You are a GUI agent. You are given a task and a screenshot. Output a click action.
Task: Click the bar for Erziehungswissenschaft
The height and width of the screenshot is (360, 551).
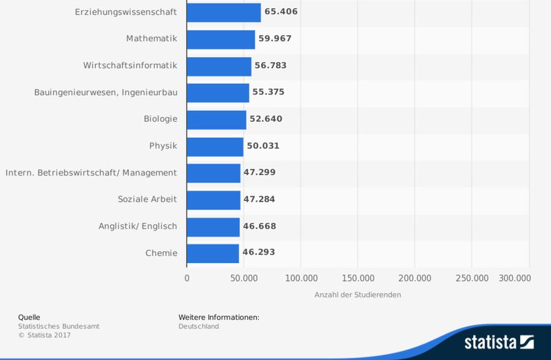(224, 12)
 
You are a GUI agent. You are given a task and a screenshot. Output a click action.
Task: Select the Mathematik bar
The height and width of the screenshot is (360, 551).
(221, 39)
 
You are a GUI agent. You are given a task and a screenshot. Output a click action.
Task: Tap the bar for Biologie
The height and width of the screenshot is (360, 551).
(216, 119)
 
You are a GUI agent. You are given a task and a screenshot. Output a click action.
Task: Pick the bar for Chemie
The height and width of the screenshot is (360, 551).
(213, 253)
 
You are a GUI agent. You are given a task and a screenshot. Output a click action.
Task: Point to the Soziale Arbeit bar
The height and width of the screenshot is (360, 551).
(214, 200)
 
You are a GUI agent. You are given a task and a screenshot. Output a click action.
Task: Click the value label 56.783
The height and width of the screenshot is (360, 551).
(271, 65)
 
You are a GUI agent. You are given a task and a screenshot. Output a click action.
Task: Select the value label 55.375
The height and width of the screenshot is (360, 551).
(269, 92)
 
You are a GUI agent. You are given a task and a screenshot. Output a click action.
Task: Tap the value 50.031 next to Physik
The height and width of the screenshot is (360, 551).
(263, 146)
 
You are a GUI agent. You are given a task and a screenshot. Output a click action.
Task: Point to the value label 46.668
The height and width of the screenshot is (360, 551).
(259, 226)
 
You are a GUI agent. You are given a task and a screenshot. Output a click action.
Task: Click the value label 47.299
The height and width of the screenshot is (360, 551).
(260, 172)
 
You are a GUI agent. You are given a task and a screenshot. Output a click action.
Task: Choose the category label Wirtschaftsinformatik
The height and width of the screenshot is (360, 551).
(130, 65)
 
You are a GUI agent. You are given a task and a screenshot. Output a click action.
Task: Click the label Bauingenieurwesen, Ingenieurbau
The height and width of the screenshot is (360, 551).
(105, 92)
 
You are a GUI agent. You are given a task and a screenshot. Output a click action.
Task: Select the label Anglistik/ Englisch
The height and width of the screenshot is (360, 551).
(138, 226)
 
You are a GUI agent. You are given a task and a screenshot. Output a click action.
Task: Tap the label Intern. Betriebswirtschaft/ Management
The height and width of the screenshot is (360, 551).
(91, 172)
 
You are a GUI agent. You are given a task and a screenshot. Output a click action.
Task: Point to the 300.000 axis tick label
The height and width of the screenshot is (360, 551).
(514, 278)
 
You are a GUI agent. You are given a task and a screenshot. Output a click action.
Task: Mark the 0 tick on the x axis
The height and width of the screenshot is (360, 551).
(187, 278)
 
